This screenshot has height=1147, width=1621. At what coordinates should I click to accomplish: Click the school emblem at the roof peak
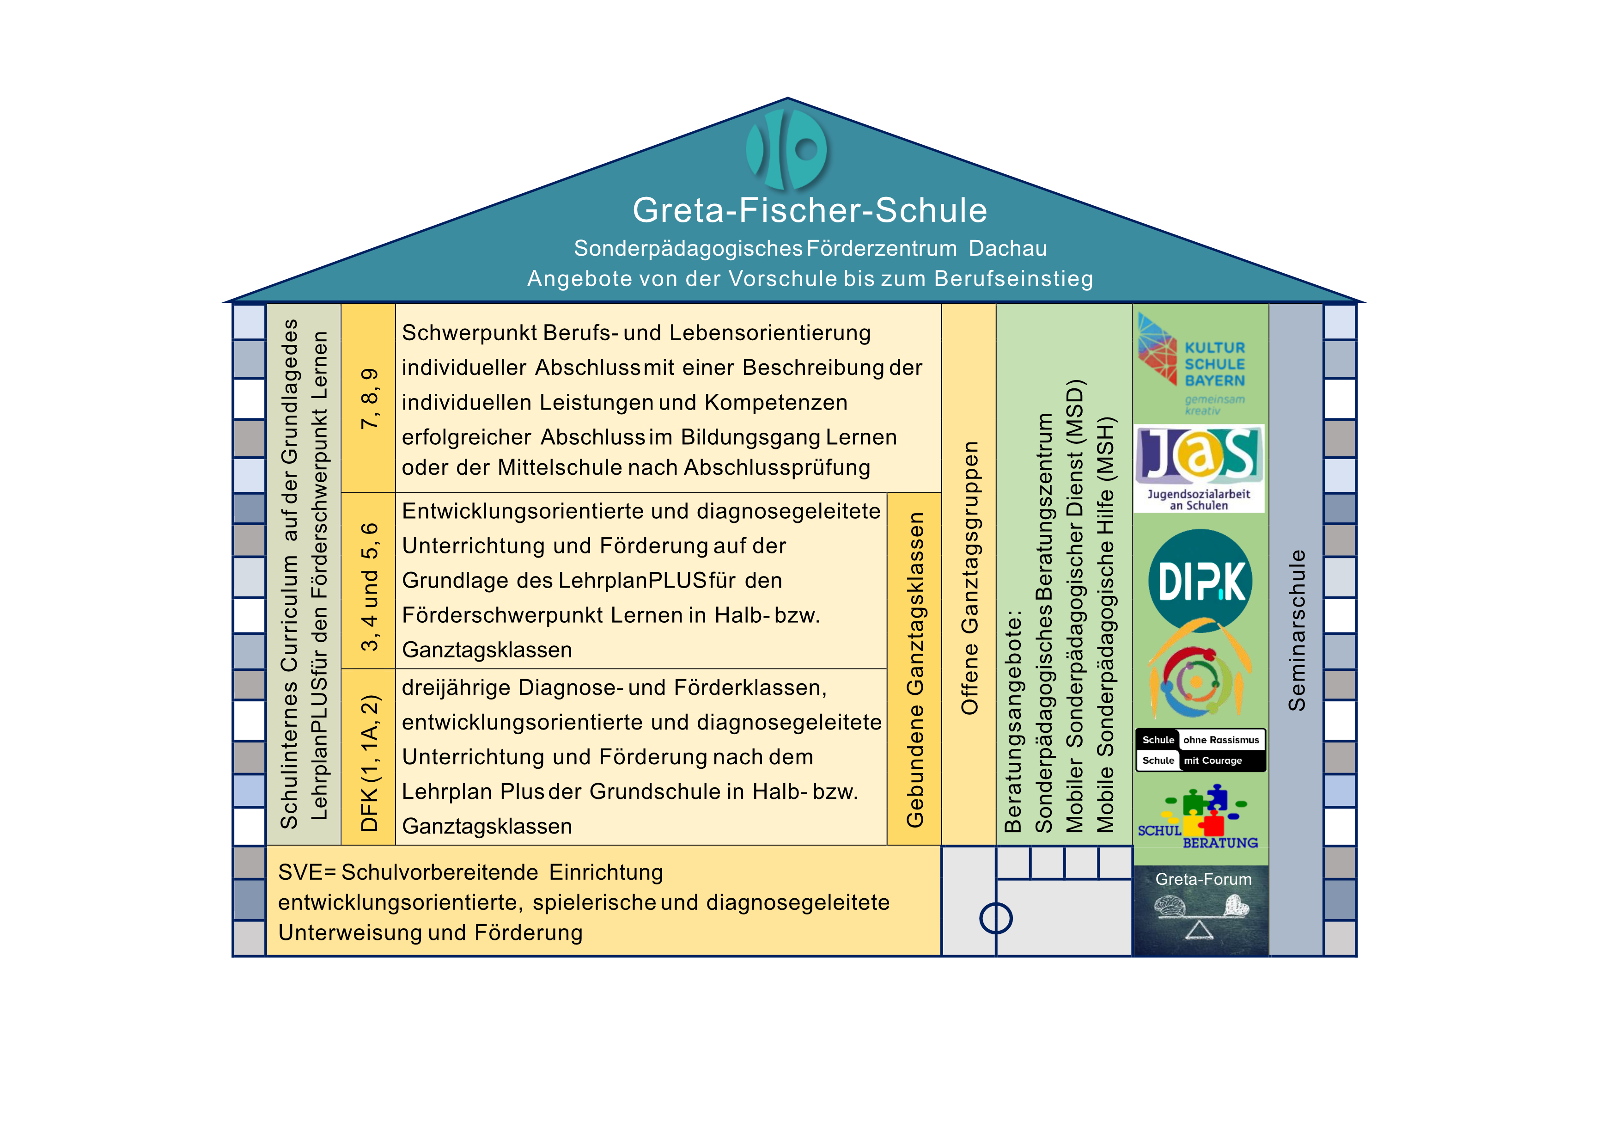(786, 149)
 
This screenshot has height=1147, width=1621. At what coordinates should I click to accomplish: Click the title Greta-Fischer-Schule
(810, 210)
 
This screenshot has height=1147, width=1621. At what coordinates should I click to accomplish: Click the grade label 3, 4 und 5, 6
(369, 586)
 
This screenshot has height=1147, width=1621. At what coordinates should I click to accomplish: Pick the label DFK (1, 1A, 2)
(369, 763)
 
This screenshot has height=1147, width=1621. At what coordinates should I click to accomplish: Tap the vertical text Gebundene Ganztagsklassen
(915, 669)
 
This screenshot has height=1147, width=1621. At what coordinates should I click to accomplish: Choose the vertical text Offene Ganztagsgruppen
(969, 578)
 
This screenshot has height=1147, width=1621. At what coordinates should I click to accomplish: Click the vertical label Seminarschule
(1296, 630)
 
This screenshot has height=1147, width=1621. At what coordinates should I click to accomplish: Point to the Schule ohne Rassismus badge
(1200, 750)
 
